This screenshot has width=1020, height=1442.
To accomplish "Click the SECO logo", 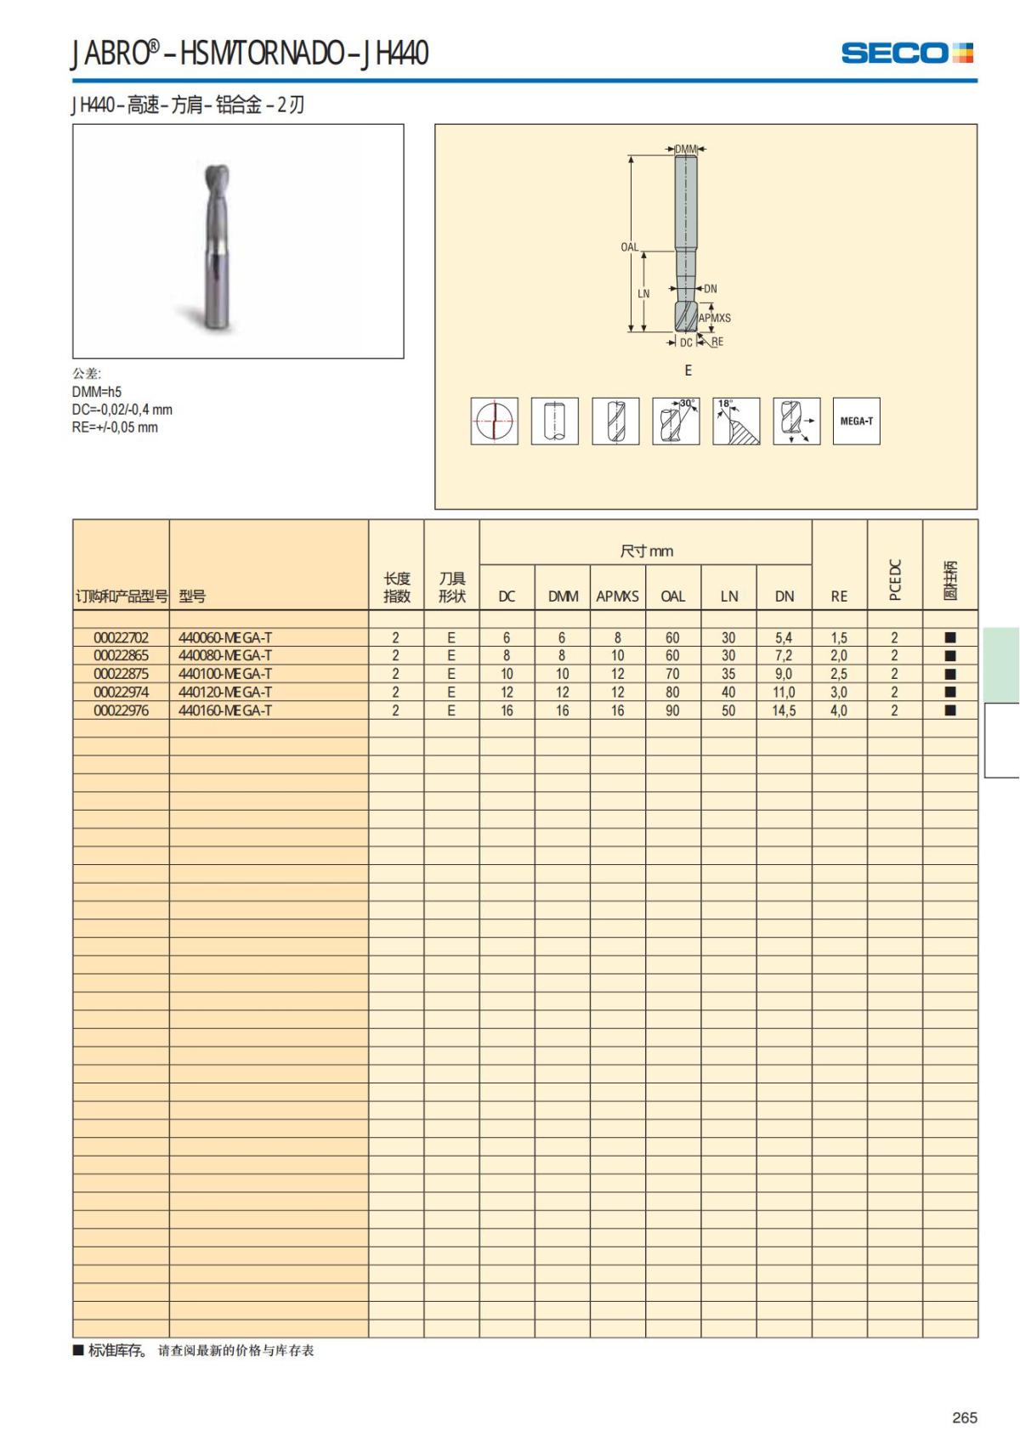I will click(x=907, y=53).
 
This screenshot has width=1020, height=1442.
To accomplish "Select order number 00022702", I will click(x=121, y=637).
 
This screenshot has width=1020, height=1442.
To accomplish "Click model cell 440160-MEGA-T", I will click(x=225, y=710).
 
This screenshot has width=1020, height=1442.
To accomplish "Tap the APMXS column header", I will click(x=617, y=596).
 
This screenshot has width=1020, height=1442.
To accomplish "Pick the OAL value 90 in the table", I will click(x=672, y=710).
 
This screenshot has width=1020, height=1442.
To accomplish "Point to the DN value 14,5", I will click(x=784, y=710).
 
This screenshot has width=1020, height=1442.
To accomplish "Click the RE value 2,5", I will click(x=839, y=674).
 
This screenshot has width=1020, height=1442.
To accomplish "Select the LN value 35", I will click(x=728, y=674).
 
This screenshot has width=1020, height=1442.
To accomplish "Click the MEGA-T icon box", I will click(x=856, y=421).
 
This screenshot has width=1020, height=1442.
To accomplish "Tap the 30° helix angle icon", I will click(x=676, y=421).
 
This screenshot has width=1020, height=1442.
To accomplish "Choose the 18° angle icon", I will click(x=736, y=421).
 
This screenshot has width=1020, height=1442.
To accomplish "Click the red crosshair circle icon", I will click(x=495, y=421).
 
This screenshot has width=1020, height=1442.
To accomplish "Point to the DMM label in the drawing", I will click(x=686, y=149).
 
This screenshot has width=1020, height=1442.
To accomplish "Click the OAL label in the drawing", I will click(x=629, y=247).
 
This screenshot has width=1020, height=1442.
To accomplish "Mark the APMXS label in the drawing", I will click(x=715, y=318).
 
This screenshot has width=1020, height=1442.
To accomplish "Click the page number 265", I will click(x=965, y=1417).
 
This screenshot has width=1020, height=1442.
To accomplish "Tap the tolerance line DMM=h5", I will click(x=97, y=392).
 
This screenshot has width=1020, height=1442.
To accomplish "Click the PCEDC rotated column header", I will click(x=894, y=580).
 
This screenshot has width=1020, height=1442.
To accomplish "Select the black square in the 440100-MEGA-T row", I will click(x=950, y=674).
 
